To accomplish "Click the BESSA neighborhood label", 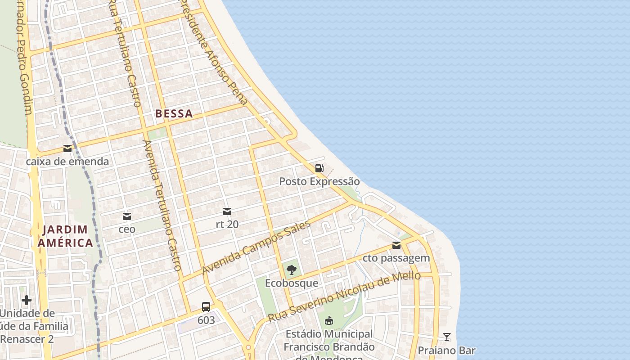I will [174, 114].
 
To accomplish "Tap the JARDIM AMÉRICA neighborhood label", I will [65, 237].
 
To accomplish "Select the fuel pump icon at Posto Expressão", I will [319, 168].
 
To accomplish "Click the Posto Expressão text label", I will [319, 181].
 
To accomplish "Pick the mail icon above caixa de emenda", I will [67, 148].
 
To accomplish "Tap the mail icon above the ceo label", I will [127, 216].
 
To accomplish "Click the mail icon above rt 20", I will [227, 211].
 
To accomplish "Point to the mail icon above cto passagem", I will [396, 245].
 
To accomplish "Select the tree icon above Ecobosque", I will [292, 270].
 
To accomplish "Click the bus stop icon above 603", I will [206, 307].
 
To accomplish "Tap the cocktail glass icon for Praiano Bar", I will [447, 337].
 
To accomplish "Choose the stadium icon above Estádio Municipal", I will [329, 320].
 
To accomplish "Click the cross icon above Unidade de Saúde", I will [27, 300].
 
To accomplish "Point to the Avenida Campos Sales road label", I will [256, 247].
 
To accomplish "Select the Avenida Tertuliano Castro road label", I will [162, 205].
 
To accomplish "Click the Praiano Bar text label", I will [446, 351].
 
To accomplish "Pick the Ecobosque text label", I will [292, 283].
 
